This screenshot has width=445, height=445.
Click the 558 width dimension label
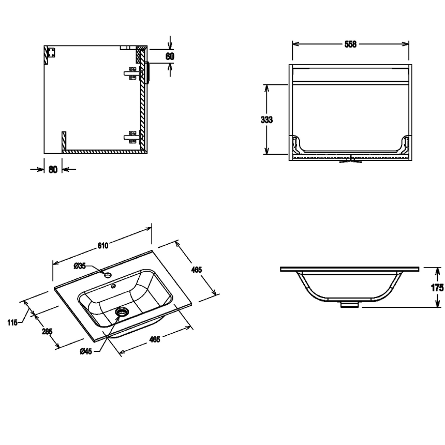coord(350,44)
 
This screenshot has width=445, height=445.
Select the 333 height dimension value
coord(267,120)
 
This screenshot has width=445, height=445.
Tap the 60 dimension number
coord(170,56)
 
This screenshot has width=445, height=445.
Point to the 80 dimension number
coord(53,169)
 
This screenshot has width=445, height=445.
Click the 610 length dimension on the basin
coord(103,245)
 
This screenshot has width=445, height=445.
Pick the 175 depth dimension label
coord(437,288)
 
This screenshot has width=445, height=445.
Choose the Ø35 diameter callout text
coord(80,266)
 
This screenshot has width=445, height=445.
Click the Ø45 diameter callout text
coord(86,351)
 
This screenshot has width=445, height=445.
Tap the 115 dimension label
coord(12,322)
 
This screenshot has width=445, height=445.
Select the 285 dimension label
coord(47,331)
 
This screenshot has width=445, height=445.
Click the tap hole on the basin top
coord(108,275)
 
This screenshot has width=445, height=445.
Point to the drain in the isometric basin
coord(122,311)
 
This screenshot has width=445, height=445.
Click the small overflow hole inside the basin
coord(113,286)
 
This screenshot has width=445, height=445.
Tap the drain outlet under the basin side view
coord(350,305)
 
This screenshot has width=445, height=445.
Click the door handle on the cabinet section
coord(147,72)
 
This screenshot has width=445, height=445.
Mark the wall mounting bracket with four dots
coord(51,52)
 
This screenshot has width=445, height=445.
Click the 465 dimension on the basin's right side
coord(197,270)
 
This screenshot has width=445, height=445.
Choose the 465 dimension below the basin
coord(155,339)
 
